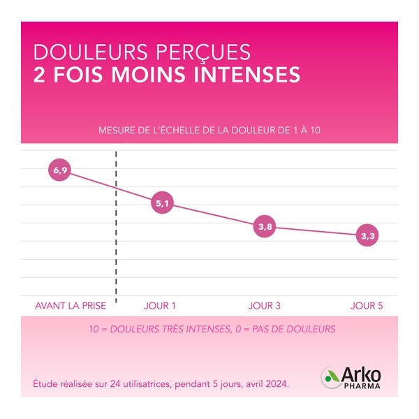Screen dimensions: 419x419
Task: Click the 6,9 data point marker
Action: [60, 170]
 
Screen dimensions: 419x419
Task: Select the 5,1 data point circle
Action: [163, 204]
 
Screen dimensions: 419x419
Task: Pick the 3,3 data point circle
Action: [367, 237]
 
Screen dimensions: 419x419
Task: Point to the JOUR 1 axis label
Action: [160, 306]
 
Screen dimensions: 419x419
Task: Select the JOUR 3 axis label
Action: [265, 306]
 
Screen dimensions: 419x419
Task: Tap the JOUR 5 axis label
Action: [367, 306]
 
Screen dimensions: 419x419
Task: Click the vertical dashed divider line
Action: [115, 223]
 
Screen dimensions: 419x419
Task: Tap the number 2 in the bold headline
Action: [39, 74]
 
